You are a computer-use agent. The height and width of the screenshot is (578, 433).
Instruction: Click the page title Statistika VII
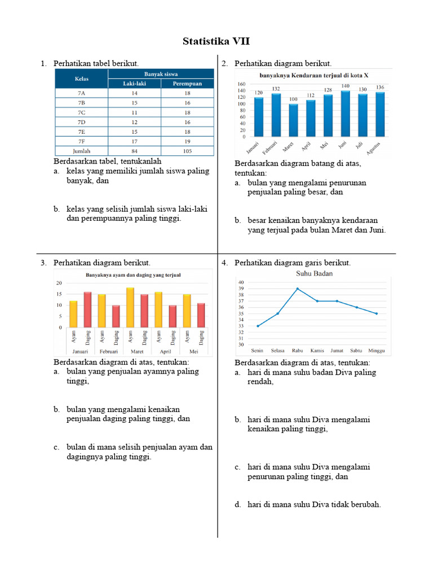[216, 42]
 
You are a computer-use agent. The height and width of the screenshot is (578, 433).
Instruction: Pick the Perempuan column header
[187, 84]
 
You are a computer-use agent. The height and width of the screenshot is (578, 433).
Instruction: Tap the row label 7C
[82, 113]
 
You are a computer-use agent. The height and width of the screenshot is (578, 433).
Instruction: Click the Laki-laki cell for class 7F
[135, 142]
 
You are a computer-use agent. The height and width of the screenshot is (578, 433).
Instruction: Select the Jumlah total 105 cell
[187, 151]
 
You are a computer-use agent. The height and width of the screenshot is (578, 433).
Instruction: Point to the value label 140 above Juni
[345, 86]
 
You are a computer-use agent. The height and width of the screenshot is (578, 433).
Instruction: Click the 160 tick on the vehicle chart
[241, 84]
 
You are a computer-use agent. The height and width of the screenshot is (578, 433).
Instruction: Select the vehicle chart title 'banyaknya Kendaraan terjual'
[313, 75]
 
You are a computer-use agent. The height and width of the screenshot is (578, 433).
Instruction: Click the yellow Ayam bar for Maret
[130, 307]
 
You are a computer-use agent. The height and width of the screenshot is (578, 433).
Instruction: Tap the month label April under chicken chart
[166, 351]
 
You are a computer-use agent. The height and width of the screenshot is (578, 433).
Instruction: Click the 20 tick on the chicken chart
[59, 283]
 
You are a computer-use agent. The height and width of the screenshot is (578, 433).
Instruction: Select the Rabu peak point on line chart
[298, 288]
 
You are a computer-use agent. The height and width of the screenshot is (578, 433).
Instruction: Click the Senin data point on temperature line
[258, 326]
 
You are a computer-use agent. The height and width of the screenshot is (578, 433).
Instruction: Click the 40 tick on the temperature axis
[241, 282]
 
